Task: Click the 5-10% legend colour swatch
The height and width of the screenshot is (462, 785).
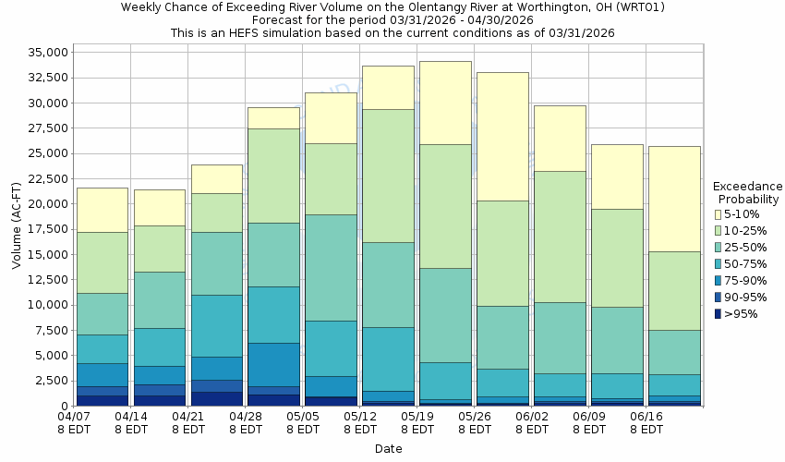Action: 718,214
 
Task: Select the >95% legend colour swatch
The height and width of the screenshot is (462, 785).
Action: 718,314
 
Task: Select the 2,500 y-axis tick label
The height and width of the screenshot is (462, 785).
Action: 48,381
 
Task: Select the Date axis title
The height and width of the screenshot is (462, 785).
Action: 388,449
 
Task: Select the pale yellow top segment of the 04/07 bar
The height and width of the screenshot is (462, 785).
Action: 102,210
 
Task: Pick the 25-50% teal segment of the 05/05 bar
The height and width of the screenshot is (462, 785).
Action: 331,268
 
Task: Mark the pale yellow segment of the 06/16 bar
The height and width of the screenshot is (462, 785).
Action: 674,199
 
